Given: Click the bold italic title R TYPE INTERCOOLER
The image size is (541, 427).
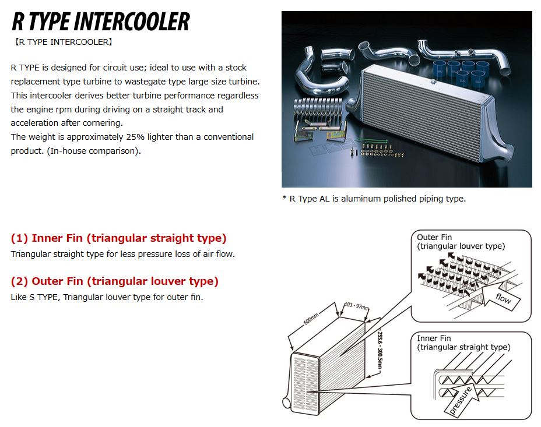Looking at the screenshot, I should tap(100, 22).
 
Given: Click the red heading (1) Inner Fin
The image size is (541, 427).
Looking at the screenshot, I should tap(118, 238).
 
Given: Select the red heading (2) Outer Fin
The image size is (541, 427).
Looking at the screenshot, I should tap(114, 281).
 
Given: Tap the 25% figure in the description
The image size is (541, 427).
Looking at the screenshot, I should tap(160, 137).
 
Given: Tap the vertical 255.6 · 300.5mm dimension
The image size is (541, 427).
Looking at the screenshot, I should tap(379, 350).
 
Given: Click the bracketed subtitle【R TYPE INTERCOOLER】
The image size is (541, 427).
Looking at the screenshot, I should tap(62, 42).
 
